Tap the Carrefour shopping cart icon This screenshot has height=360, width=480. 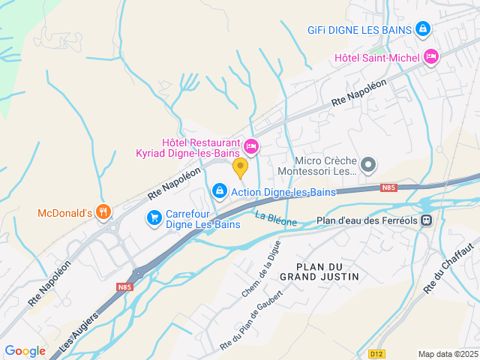[154, 217]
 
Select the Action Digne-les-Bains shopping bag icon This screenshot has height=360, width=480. [219, 192]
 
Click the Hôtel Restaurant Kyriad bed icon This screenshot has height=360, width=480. [251, 145]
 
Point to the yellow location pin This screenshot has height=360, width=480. [240, 167]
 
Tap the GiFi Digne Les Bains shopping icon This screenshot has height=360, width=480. [423, 29]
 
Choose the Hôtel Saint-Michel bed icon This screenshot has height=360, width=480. [430, 56]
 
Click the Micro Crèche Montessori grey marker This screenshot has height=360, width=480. [368, 164]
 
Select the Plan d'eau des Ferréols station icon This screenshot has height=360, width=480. [426, 220]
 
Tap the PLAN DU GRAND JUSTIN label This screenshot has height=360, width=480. [319, 271]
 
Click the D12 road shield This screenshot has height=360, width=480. [376, 353]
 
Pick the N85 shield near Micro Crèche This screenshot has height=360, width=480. [388, 187]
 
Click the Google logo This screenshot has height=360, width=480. [25, 350]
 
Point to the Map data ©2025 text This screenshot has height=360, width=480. [447, 354]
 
